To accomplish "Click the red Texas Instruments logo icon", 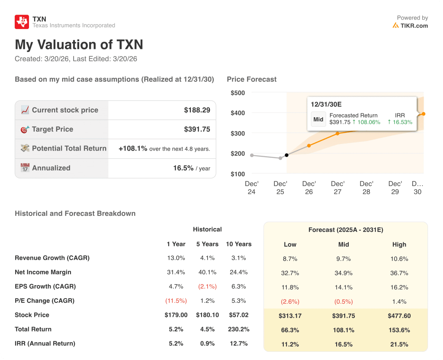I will point(22,22).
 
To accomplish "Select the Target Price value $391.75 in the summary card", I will point(197,129).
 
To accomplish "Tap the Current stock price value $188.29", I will point(197,110).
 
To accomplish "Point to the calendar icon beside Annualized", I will point(25,168).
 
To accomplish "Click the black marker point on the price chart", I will point(287,155).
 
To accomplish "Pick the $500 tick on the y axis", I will point(238,93).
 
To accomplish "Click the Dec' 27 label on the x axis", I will point(337,188).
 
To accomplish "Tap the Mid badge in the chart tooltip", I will point(318,119).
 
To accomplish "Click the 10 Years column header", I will point(238,244).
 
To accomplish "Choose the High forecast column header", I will point(399,244).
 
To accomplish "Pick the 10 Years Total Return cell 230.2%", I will point(238,329).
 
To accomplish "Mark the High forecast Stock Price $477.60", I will point(399,316).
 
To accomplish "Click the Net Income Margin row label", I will point(43,272).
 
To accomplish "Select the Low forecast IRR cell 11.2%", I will point(290,344).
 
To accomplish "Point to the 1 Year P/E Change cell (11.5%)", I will point(176,301).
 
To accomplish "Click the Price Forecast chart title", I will point(251,79).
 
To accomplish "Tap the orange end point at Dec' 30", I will point(423,114).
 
